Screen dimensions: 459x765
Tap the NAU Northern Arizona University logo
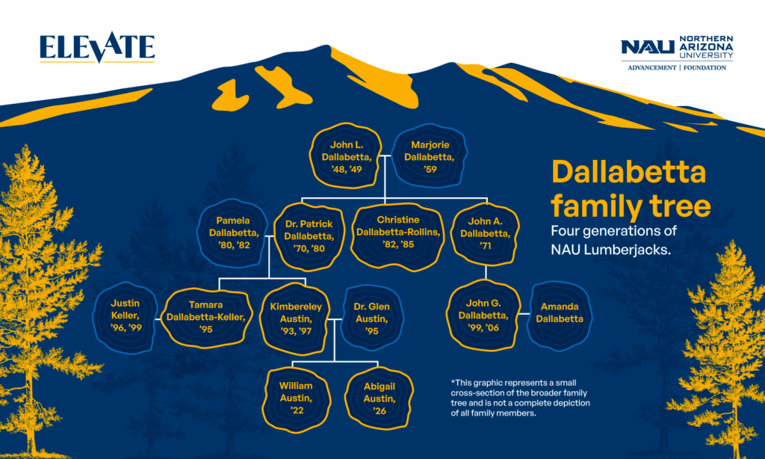coord(677,46)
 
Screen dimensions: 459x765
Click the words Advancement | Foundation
coord(677,67)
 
